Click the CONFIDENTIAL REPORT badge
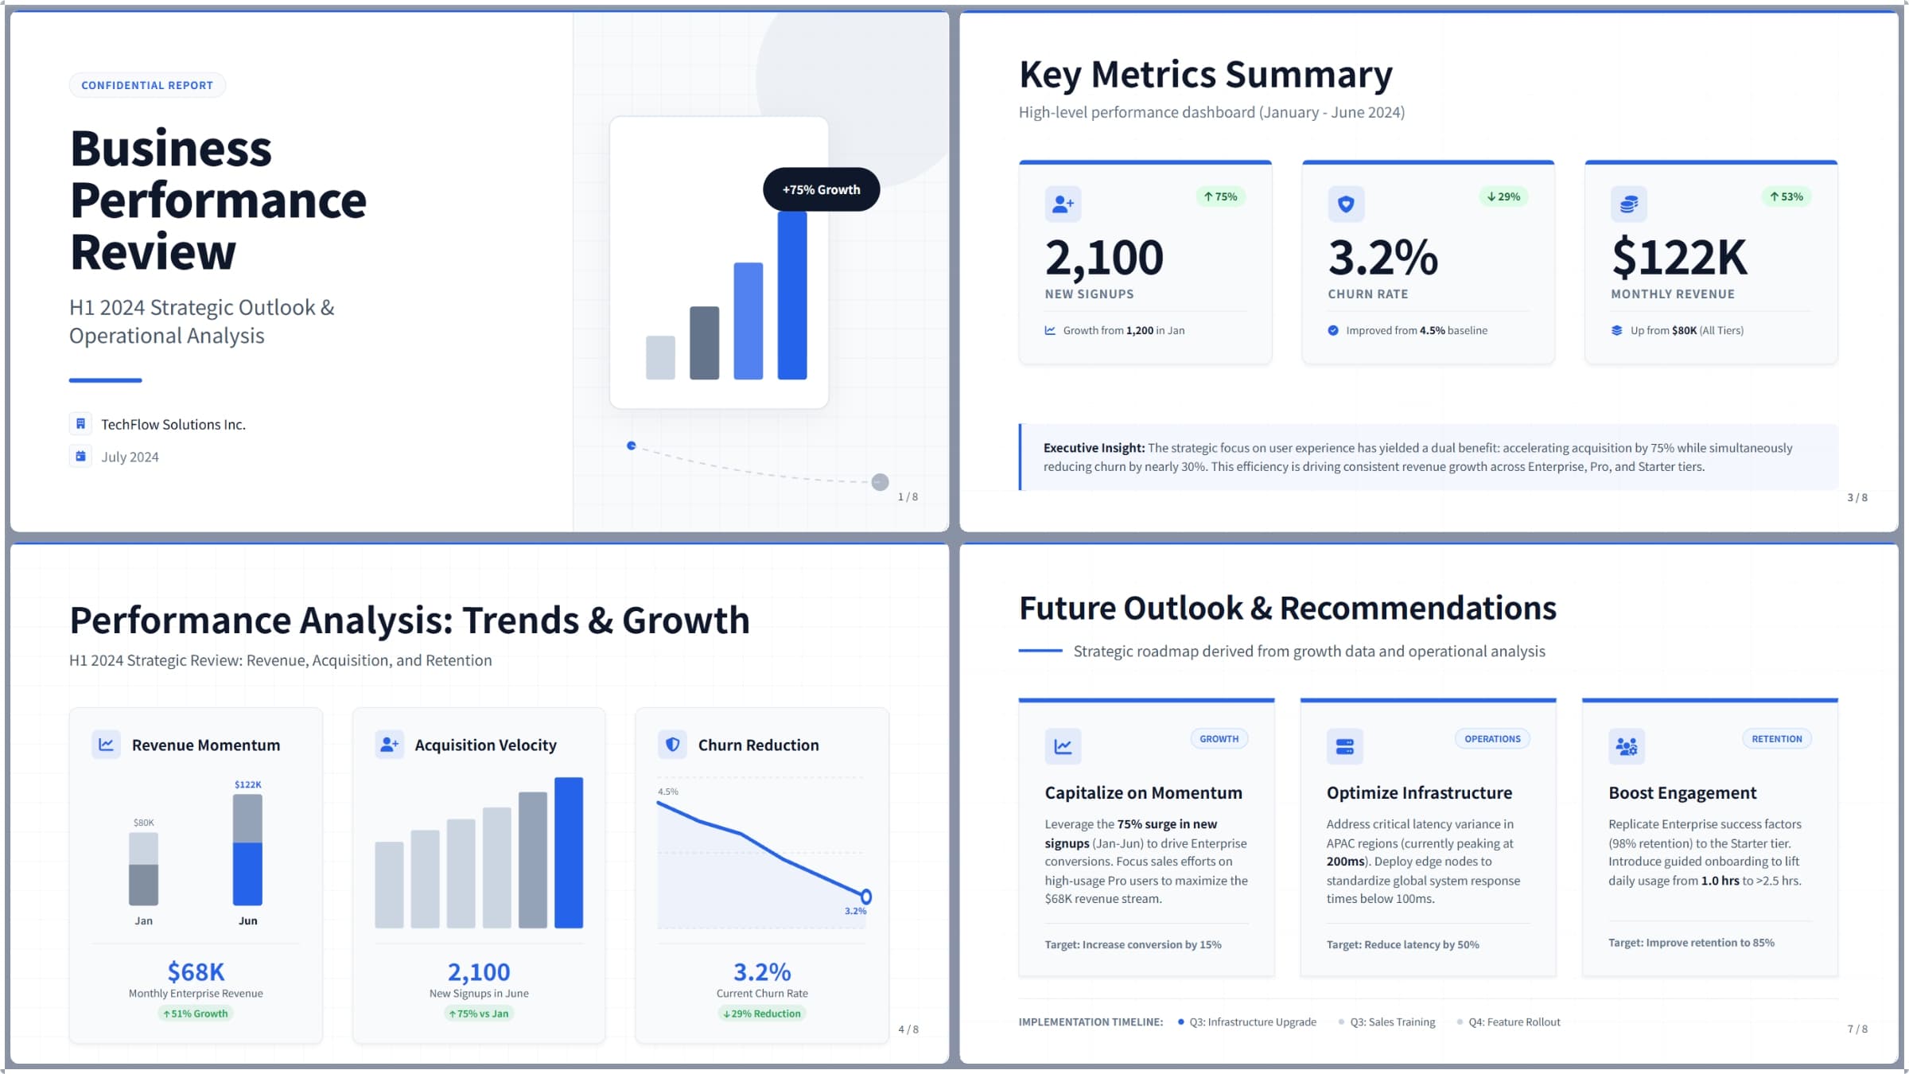pyautogui.click(x=147, y=85)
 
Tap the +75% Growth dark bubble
pyautogui.click(x=821, y=189)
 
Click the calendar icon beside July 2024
pyautogui.click(x=80, y=457)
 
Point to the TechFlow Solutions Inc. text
pyautogui.click(x=173, y=425)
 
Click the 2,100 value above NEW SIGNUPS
pyautogui.click(x=1104, y=258)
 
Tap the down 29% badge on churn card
pyautogui.click(x=1503, y=197)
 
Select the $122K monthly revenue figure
pyautogui.click(x=1679, y=258)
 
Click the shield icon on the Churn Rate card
pyautogui.click(x=1346, y=204)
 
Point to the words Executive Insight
pyautogui.click(x=1094, y=448)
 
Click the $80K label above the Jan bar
pyautogui.click(x=144, y=823)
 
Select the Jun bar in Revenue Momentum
pyautogui.click(x=247, y=850)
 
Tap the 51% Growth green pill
pyautogui.click(x=196, y=1014)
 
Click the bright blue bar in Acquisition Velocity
pyautogui.click(x=569, y=852)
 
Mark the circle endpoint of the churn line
pyautogui.click(x=866, y=897)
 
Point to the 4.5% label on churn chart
pyautogui.click(x=668, y=792)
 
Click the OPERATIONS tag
pyautogui.click(x=1492, y=739)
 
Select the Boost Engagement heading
pyautogui.click(x=1682, y=792)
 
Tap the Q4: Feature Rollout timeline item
pyautogui.click(x=1514, y=1022)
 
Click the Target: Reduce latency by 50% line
pyautogui.click(x=1402, y=944)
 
